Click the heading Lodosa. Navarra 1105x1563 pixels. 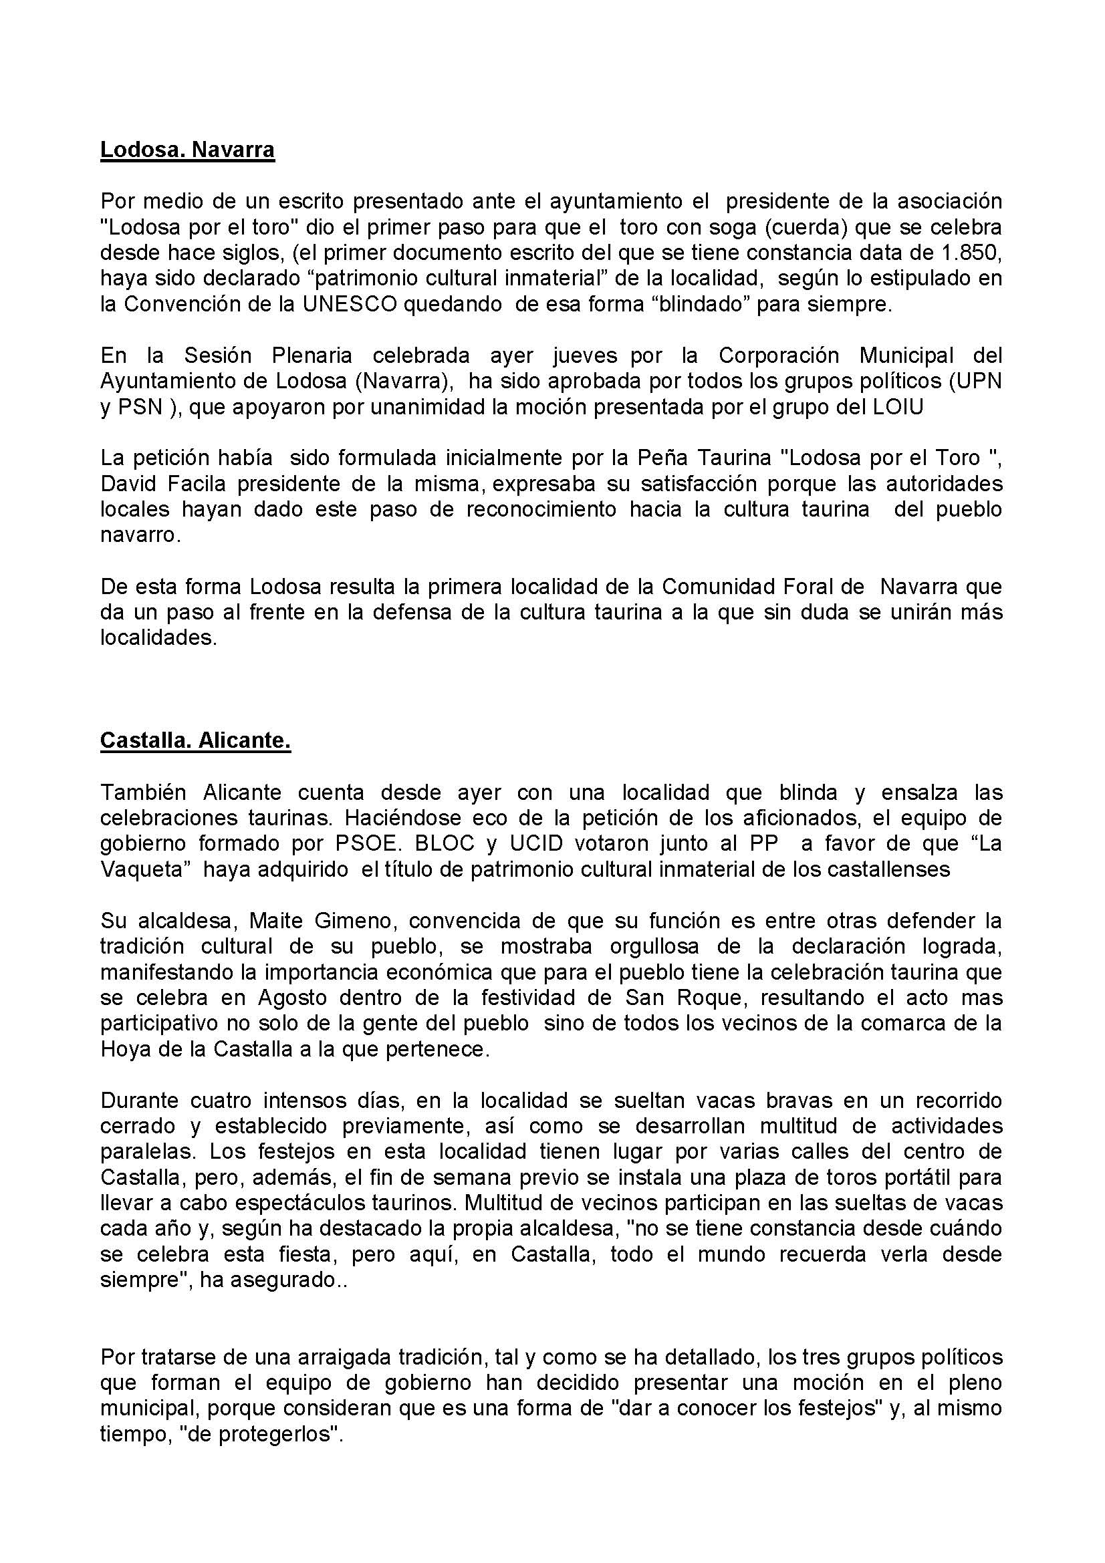(187, 150)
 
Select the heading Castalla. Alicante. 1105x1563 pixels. (195, 740)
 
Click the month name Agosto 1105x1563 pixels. (290, 998)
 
